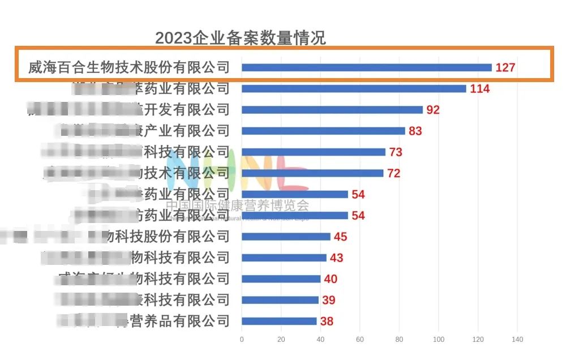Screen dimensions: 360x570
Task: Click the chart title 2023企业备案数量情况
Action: [240, 38]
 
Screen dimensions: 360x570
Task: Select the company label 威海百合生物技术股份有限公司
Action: [129, 67]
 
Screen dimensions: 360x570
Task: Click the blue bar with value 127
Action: [366, 67]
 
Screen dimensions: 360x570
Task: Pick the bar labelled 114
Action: [354, 88]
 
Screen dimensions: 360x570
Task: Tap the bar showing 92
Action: [332, 110]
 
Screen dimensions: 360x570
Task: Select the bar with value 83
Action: [323, 131]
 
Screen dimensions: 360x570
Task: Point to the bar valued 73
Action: [314, 152]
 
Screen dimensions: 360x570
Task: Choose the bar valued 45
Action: [286, 237]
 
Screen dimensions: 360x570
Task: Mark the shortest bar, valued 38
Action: [279, 321]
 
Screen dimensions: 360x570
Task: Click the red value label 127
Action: [505, 68]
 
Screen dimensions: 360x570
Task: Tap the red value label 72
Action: [393, 173]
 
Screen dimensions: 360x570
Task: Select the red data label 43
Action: [336, 258]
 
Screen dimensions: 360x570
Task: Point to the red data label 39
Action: [328, 301]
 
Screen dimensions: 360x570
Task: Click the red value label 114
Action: [479, 89]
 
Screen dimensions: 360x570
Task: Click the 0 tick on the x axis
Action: [242, 340]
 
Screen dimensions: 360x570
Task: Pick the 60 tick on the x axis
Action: [360, 340]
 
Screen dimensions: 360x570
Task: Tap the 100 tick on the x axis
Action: [439, 340]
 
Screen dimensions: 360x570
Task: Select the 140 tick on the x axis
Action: [517, 340]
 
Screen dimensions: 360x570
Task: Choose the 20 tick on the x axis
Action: [281, 340]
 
